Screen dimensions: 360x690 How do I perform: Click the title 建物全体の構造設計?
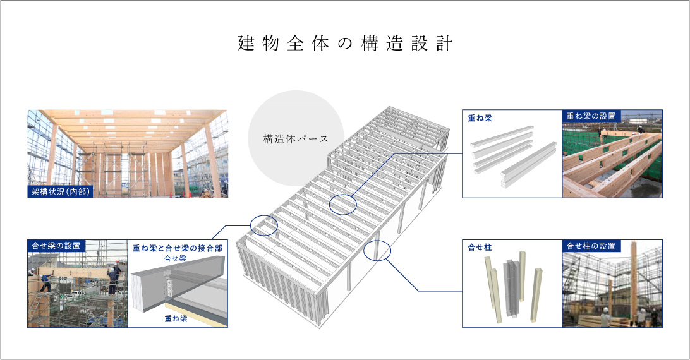tap(345, 44)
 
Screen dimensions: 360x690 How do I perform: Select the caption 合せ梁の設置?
tap(55, 246)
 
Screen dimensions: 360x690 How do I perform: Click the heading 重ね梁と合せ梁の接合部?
tap(178, 248)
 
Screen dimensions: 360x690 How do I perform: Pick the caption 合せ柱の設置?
tap(590, 246)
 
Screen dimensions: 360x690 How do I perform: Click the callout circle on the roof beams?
tap(342, 205)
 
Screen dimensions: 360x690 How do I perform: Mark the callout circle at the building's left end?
tap(263, 225)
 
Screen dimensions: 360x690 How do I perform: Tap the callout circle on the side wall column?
tap(378, 250)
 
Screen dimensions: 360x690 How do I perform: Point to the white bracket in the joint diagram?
tap(169, 285)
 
